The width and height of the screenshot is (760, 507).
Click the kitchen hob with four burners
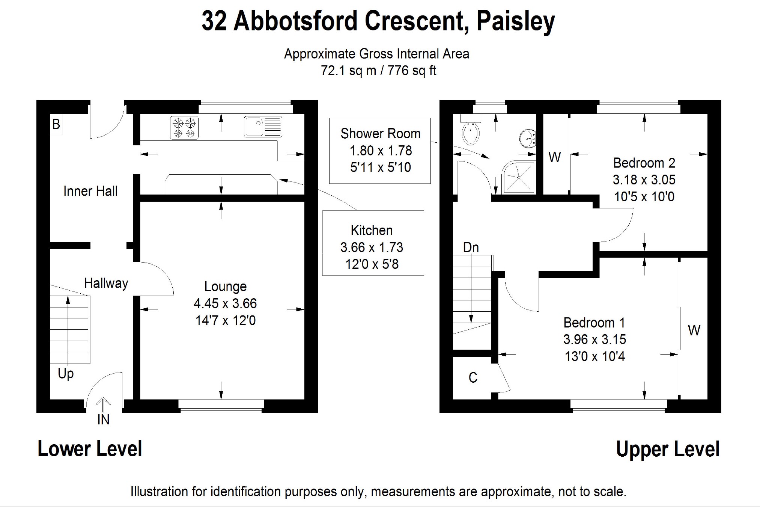184,128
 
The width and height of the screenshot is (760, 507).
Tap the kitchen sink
263,126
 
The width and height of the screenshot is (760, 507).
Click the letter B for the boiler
56,124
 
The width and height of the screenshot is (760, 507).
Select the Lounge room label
225,286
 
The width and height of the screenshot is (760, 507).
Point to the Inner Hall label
90,191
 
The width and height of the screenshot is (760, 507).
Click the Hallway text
106,283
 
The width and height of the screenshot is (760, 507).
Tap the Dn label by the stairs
471,247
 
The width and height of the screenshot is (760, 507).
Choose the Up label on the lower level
66,373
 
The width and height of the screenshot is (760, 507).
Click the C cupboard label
473,377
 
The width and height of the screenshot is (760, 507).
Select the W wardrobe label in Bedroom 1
694,330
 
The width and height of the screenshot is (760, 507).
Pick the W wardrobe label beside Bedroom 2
554,157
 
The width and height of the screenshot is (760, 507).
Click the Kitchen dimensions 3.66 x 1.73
372,247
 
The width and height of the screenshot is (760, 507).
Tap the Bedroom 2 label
644,163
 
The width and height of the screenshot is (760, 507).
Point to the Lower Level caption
90,449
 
